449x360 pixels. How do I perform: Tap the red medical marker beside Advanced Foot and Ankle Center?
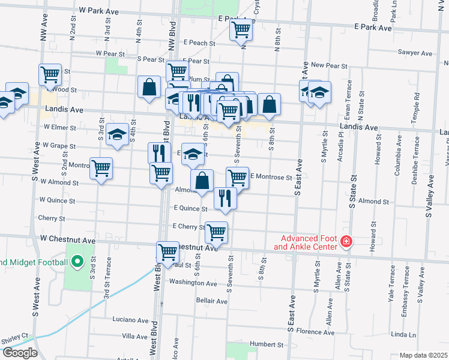(x=346, y=242)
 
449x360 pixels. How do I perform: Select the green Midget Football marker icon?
(x=77, y=261)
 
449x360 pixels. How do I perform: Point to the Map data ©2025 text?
(x=423, y=355)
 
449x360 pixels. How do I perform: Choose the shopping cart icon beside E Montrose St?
(x=238, y=177)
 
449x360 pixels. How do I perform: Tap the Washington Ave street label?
(x=193, y=282)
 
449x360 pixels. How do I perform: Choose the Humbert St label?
(x=267, y=345)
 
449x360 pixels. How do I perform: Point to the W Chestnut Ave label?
(x=68, y=240)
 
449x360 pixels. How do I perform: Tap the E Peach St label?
(x=200, y=43)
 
